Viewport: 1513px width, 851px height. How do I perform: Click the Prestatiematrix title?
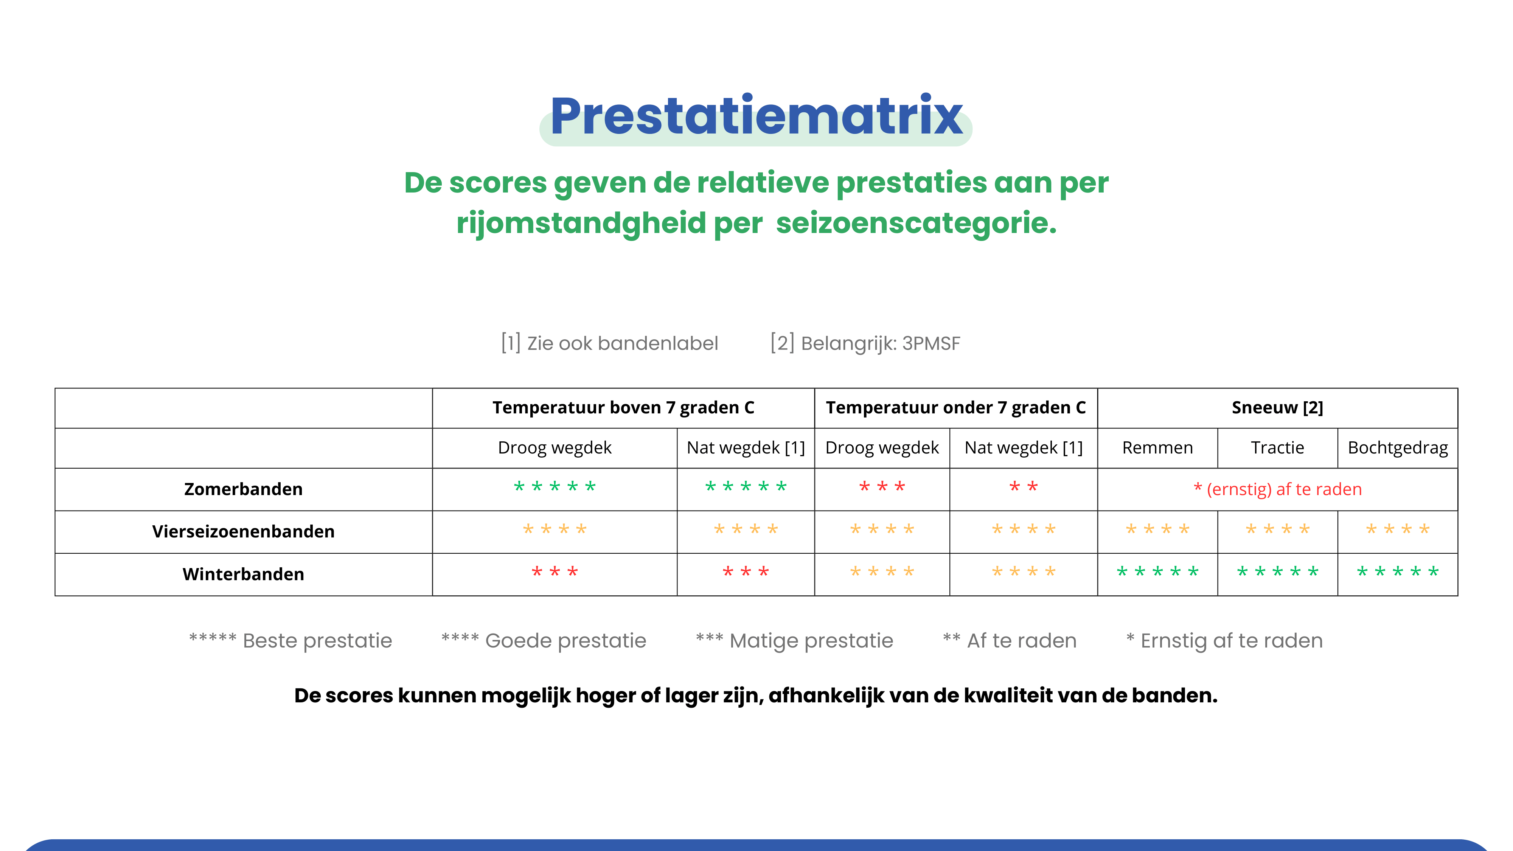coord(756,116)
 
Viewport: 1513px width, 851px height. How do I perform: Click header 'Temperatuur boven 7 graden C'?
coord(623,408)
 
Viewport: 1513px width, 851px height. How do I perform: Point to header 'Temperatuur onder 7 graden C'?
coord(955,408)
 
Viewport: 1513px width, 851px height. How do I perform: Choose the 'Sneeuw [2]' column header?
coord(1277,408)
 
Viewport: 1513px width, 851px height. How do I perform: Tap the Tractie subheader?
coord(1277,447)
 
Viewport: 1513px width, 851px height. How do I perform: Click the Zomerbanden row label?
coord(243,489)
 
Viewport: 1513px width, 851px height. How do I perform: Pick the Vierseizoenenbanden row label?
coord(243,531)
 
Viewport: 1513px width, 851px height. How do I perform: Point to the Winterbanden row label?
coord(243,574)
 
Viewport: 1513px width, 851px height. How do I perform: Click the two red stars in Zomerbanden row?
coord(1023,486)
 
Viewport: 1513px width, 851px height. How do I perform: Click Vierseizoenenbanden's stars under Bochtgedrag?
coord(1398,529)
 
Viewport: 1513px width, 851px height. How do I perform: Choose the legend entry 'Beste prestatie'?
coord(290,640)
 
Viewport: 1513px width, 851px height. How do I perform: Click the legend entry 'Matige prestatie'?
coord(794,640)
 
